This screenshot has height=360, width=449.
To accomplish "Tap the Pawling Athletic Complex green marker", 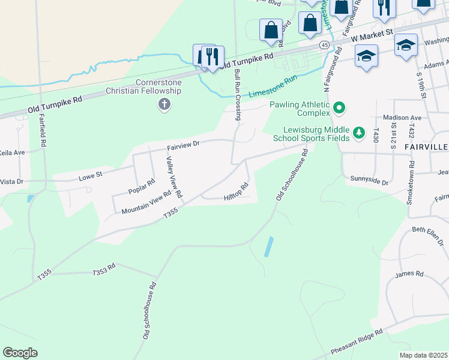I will (x=339, y=109).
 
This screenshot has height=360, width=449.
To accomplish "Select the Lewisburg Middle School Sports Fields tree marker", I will (x=359, y=132).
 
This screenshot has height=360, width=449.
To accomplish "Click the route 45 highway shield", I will (x=324, y=45).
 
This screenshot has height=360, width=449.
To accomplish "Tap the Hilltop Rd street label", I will (x=236, y=192).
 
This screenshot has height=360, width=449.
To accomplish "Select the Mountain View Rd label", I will (x=146, y=203).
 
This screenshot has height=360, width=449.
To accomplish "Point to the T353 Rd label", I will (x=103, y=272).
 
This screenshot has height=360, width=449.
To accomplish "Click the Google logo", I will (x=20, y=353).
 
